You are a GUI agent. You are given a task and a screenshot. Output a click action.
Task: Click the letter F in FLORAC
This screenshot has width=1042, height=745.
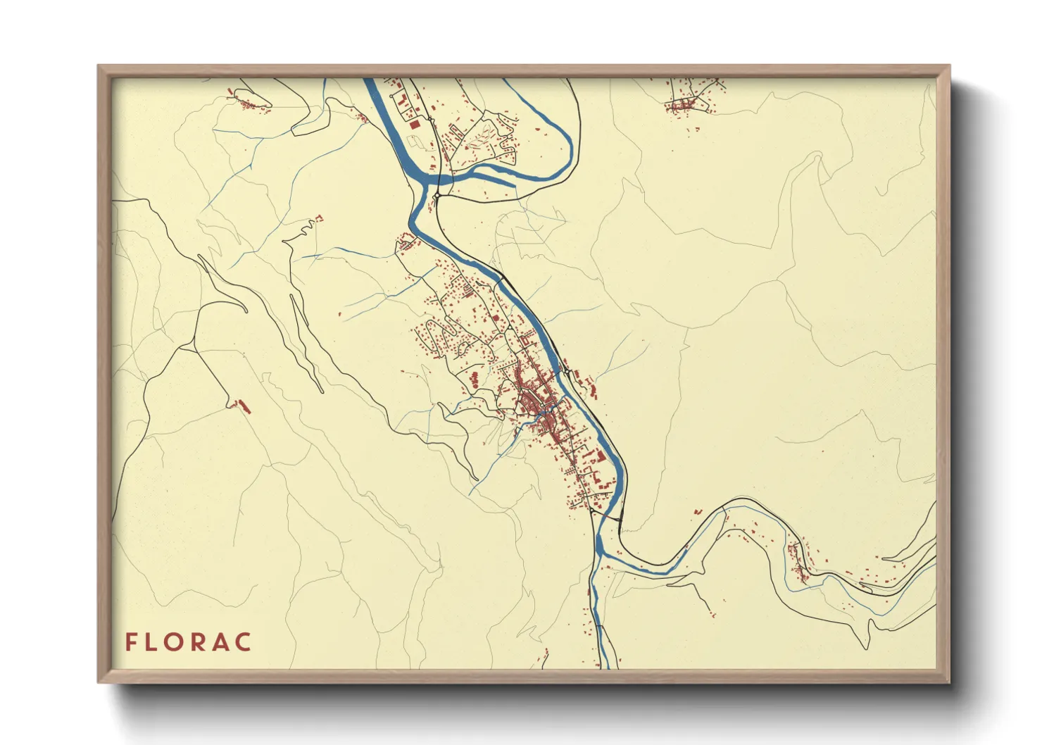(131, 642)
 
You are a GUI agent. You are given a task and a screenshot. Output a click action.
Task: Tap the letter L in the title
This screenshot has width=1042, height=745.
(153, 642)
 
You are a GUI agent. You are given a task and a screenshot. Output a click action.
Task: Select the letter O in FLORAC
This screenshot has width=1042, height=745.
(178, 642)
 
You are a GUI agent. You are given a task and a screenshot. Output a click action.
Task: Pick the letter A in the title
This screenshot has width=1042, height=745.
(222, 642)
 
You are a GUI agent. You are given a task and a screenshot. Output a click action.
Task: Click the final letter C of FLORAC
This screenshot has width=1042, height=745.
(244, 642)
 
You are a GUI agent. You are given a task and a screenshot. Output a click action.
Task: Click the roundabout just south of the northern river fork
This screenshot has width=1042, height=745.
(437, 195)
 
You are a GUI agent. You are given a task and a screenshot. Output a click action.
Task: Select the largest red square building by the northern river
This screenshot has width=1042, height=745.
(414, 123)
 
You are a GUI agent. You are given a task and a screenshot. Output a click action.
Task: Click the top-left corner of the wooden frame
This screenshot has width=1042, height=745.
(99, 66)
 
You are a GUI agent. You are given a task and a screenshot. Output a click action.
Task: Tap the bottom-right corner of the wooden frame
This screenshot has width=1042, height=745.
(949, 682)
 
